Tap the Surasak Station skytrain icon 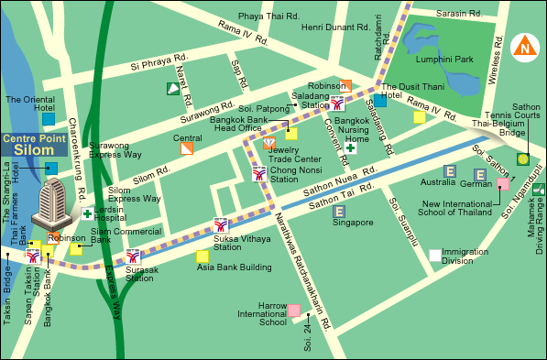pyautogui.click(x=134, y=257)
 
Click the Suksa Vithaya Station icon pyautogui.click(x=221, y=225)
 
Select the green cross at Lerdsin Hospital pyautogui.click(x=88, y=214)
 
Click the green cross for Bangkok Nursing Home pyautogui.click(x=350, y=147)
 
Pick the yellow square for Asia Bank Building pyautogui.click(x=202, y=256)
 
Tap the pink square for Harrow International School pyautogui.click(x=293, y=311)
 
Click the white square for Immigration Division pyautogui.click(x=434, y=256)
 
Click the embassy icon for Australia pyautogui.click(x=450, y=170)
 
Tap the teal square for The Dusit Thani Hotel pyautogui.click(x=380, y=101)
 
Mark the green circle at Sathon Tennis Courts pyautogui.click(x=522, y=158)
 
